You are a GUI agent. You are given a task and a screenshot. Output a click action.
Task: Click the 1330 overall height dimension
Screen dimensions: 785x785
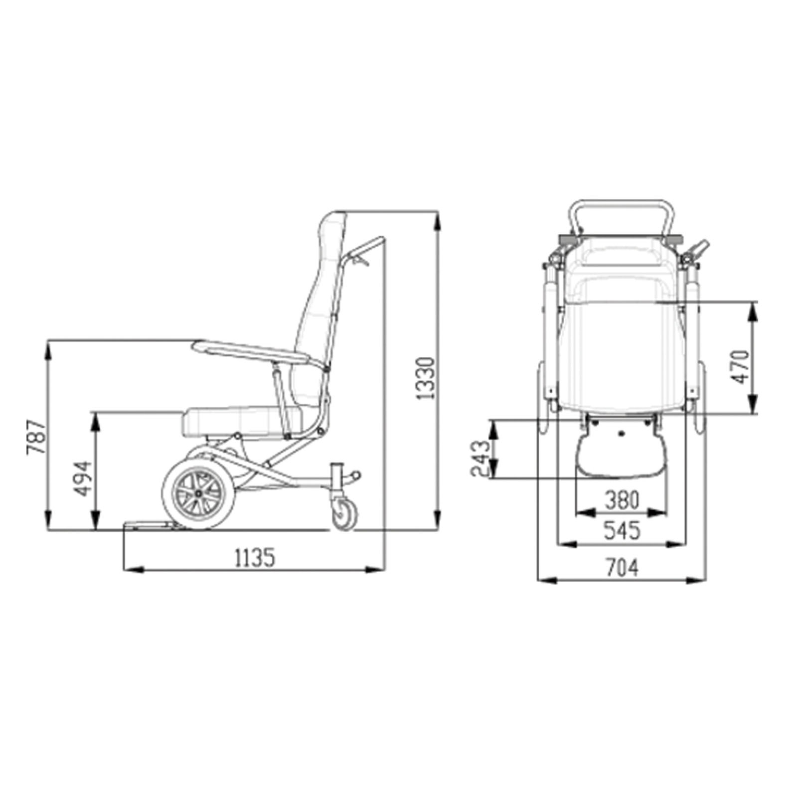[427, 378]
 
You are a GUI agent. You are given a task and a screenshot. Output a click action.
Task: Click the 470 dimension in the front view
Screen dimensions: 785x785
[741, 367]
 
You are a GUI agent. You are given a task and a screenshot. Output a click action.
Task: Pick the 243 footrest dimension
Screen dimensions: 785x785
[481, 458]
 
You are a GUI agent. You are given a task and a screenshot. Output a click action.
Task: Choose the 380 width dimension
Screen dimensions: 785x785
[622, 500]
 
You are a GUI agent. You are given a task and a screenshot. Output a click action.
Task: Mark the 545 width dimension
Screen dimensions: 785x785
[622, 531]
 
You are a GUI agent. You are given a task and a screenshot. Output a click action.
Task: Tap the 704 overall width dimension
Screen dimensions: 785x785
[622, 568]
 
